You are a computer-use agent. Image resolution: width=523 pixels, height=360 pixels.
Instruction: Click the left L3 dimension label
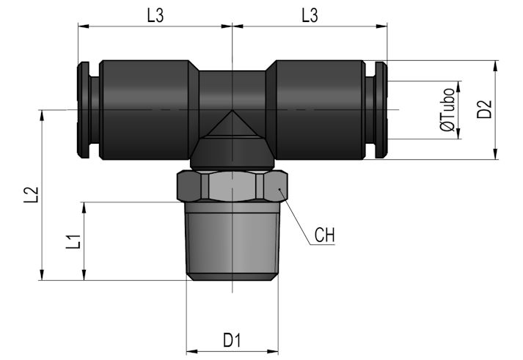pos(156,15)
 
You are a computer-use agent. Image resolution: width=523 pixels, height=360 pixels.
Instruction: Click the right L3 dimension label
pos(310,15)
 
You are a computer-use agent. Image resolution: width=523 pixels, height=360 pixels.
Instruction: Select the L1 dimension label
pos(73,241)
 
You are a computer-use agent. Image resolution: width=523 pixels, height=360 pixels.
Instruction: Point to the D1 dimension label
pos(232,340)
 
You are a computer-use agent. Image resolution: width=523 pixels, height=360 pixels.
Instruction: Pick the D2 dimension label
pos(484,109)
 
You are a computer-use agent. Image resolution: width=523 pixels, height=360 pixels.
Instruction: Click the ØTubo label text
pos(447,110)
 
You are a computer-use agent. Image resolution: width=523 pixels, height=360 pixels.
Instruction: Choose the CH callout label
pos(324,235)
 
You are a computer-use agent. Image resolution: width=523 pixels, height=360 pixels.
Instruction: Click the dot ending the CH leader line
pos(280,189)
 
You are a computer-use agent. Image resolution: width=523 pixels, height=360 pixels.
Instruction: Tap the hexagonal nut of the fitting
pos(232,186)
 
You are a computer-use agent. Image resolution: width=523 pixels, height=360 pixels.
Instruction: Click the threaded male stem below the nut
pos(232,241)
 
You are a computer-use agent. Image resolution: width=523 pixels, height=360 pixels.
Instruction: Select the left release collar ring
pos(84,110)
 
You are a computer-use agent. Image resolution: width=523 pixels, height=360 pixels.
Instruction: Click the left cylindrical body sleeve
pos(145,110)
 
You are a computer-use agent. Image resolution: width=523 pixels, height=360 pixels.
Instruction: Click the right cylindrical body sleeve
pos(320,110)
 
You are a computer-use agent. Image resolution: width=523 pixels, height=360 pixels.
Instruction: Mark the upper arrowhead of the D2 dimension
pos(496,66)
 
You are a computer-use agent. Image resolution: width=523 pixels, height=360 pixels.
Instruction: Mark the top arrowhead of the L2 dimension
pos(42,115)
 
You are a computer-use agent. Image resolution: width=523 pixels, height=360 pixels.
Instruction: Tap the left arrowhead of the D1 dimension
pos(191,351)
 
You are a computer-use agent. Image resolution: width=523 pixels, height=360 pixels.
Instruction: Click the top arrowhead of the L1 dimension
pos(84,207)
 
